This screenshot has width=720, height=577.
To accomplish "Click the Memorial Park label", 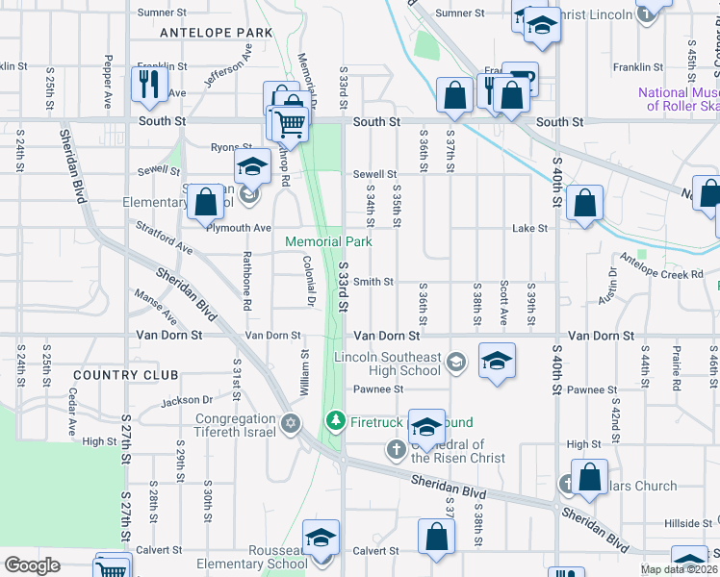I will click(x=328, y=241).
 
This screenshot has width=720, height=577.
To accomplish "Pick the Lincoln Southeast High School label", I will click(x=387, y=364).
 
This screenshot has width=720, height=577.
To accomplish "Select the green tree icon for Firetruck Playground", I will click(x=336, y=421).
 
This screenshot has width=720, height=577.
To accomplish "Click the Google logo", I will click(x=33, y=565).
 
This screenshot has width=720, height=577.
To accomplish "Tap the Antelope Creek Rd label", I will click(x=662, y=274).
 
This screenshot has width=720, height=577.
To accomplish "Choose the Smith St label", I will click(x=373, y=282).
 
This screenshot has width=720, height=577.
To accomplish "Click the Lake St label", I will click(x=529, y=229).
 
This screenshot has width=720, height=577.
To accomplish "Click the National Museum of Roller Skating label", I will click(x=679, y=99).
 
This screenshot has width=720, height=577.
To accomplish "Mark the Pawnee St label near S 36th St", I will click(x=377, y=389).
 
